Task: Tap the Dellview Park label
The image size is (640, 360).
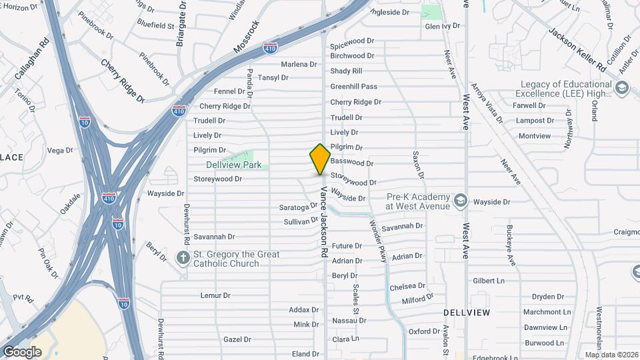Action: pos(233,164)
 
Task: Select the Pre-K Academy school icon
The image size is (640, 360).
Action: pos(460,200)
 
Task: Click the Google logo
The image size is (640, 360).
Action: pos(22,352)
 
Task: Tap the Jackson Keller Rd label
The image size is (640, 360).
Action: pos(577,50)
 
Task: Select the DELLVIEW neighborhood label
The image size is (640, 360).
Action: pos(467,312)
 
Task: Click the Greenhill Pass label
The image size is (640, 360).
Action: pos(353,87)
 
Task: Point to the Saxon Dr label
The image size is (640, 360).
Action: pos(417,165)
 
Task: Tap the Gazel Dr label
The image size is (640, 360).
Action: pos(237,339)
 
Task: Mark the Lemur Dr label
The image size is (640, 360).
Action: pos(215,295)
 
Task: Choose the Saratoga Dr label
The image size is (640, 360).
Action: pos(298,207)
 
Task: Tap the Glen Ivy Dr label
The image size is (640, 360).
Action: pos(443,26)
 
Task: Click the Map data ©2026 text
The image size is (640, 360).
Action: pos(611,355)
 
